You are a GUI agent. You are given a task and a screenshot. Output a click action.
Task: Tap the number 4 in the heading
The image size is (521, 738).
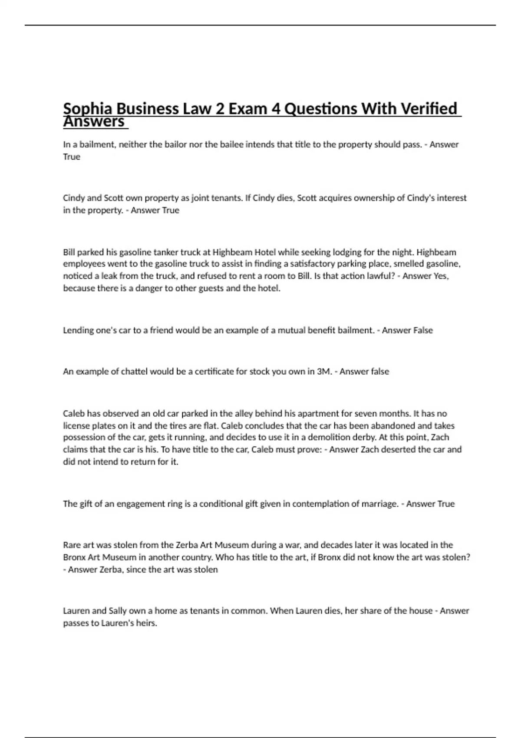[276, 109]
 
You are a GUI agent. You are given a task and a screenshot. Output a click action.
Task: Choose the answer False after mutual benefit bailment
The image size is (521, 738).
[423, 330]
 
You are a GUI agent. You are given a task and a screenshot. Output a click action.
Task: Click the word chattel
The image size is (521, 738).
[133, 372]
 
